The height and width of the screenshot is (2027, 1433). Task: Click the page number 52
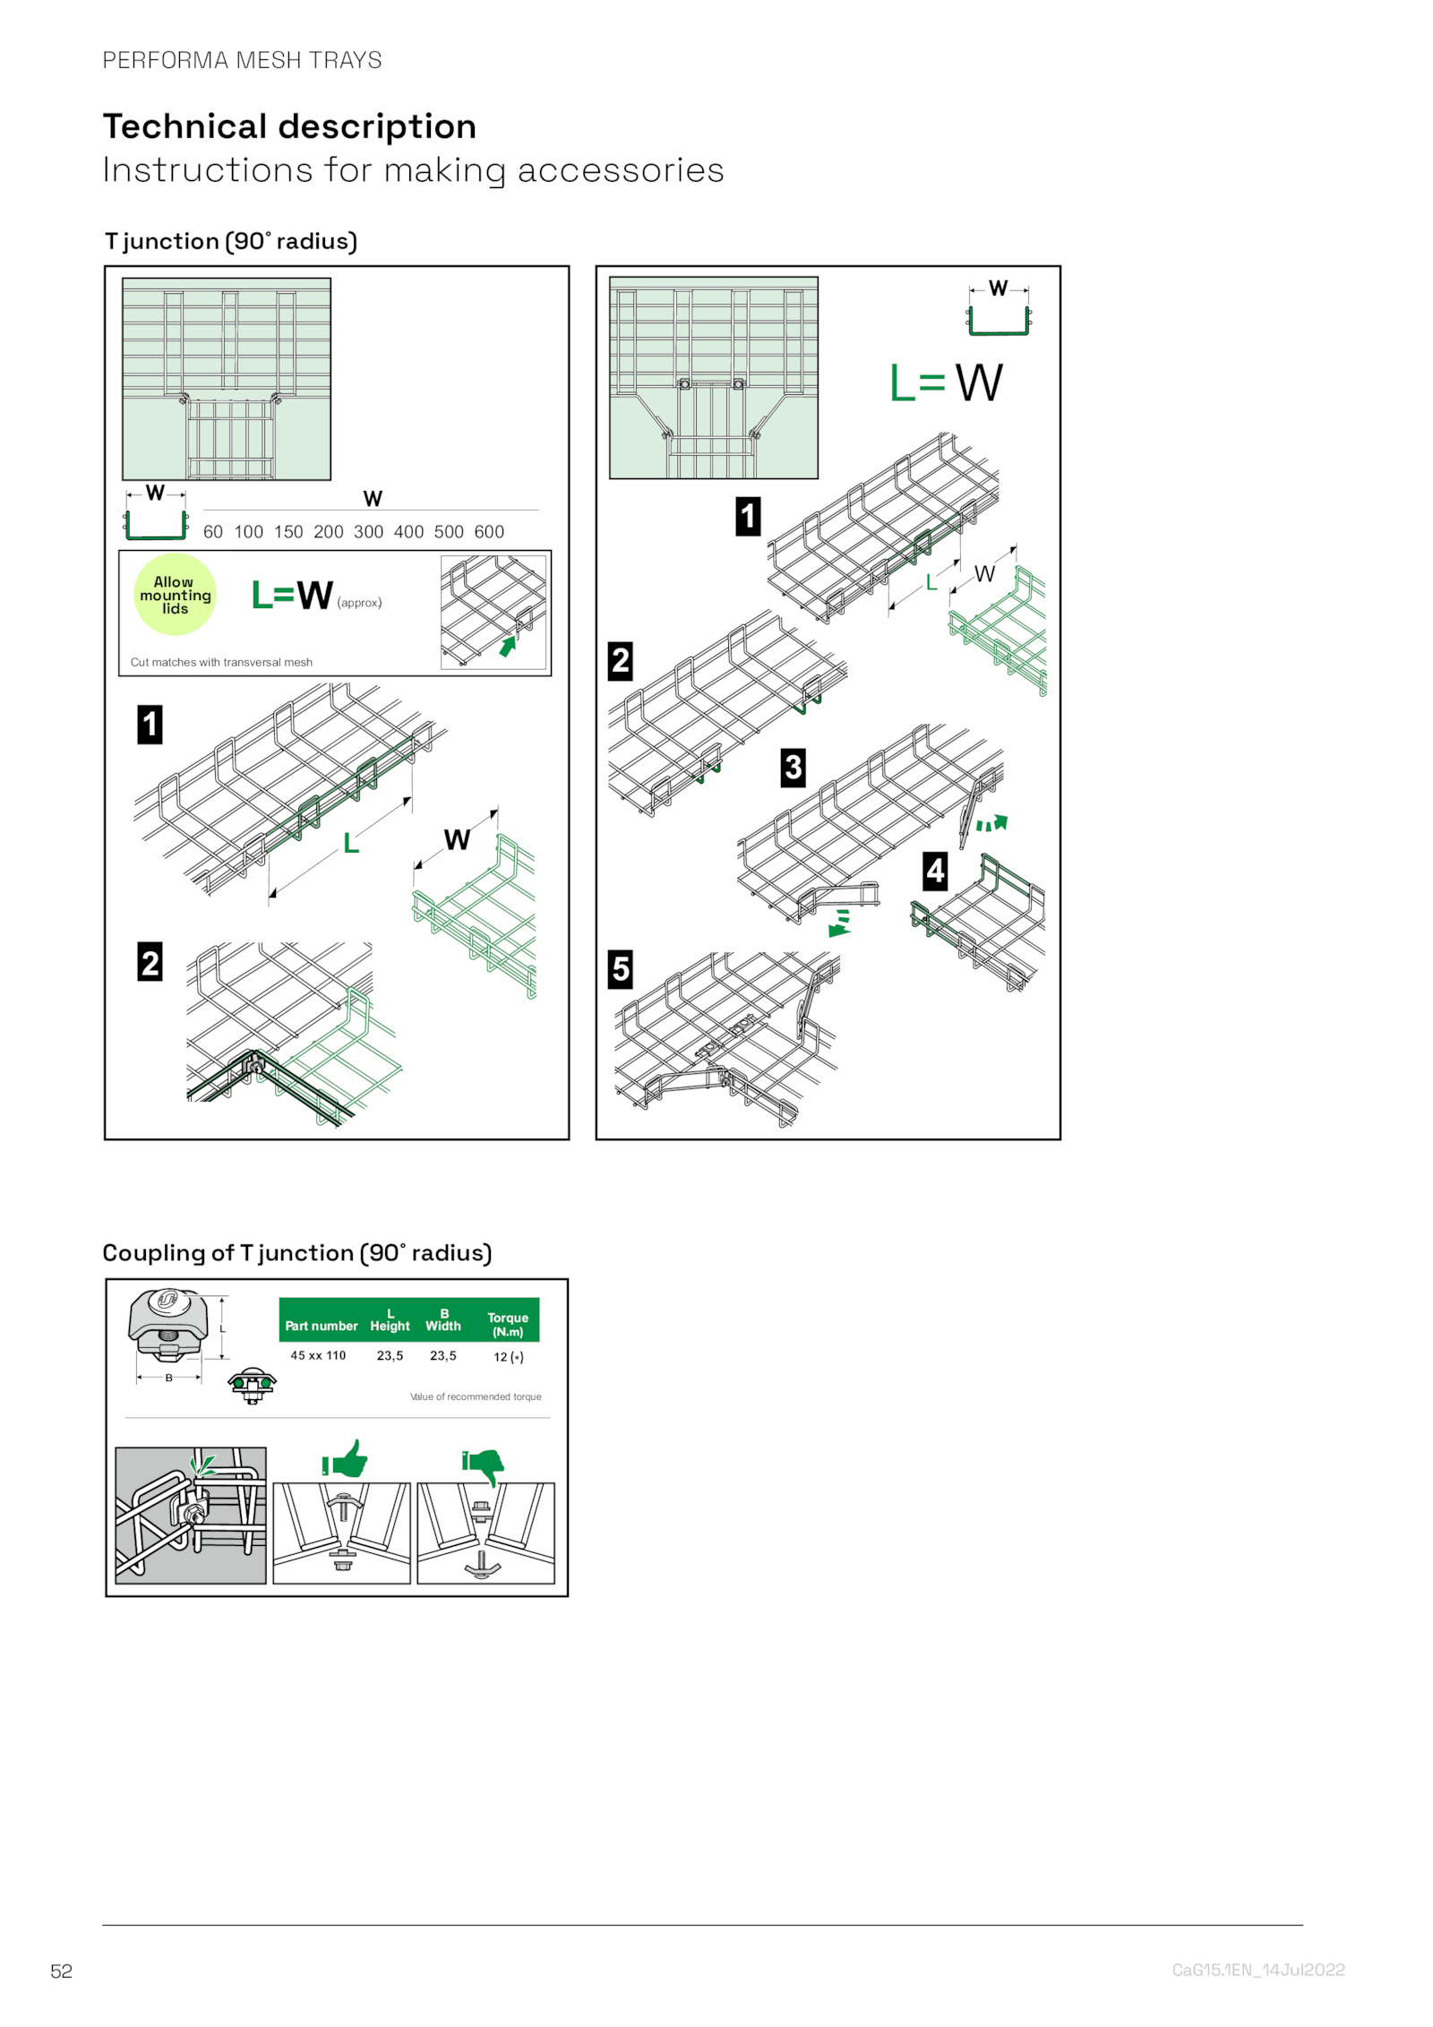click(61, 1970)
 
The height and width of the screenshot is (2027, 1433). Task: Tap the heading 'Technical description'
click(289, 126)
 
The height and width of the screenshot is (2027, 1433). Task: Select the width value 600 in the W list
click(489, 531)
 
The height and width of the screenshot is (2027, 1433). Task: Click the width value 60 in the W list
click(212, 531)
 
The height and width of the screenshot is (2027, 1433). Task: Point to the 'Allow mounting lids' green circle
click(175, 595)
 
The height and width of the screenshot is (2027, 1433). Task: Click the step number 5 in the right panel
click(620, 969)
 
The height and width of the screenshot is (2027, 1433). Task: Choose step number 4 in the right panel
click(935, 871)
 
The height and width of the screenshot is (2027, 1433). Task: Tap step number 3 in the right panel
click(793, 768)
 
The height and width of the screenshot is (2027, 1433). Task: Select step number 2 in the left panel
click(150, 962)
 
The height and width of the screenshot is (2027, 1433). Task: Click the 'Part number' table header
click(321, 1326)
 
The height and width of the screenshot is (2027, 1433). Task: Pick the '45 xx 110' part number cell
click(318, 1355)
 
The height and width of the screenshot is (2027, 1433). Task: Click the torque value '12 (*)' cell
click(508, 1357)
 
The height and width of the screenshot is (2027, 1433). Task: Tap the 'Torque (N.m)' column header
click(508, 1324)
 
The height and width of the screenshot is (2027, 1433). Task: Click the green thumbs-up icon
click(347, 1460)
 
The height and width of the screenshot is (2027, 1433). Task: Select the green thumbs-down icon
click(485, 1465)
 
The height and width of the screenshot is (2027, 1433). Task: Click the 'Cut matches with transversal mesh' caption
click(221, 662)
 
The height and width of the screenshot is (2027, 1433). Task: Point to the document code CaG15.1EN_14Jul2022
click(1257, 1969)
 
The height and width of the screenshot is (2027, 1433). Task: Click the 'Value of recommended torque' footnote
click(476, 1396)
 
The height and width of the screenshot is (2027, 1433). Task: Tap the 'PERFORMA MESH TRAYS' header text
click(242, 60)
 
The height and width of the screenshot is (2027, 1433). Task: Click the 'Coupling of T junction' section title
click(296, 1252)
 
